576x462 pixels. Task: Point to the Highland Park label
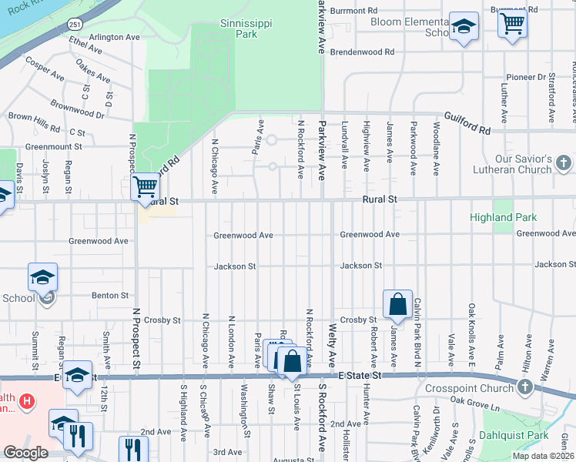(504, 218)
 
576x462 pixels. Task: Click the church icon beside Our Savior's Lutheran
(564, 163)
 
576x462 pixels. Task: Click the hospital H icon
(26, 401)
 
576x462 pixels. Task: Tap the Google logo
(25, 453)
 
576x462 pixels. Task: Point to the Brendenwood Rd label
(362, 52)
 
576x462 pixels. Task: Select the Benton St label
(110, 295)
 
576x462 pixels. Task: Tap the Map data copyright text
(542, 456)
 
